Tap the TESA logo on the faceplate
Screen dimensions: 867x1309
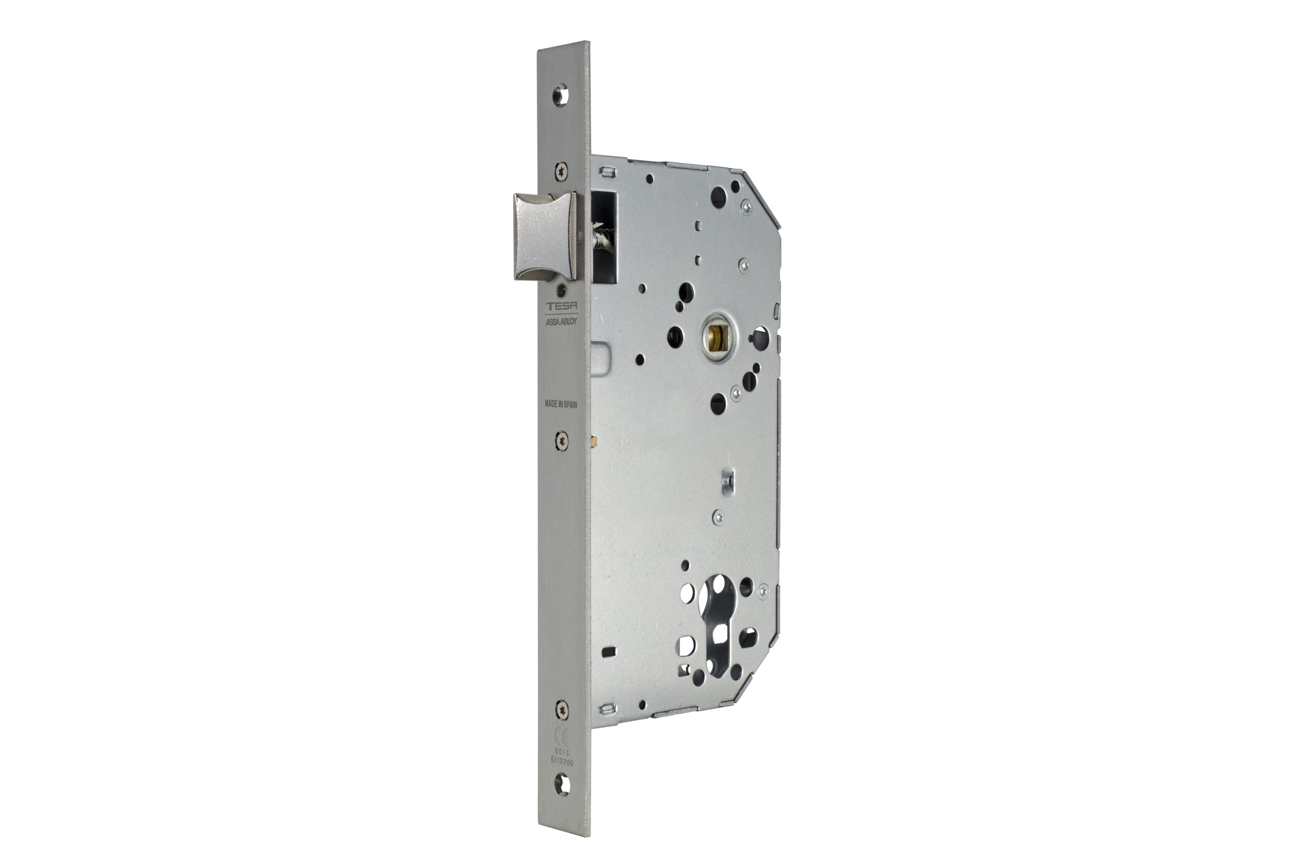tap(560, 306)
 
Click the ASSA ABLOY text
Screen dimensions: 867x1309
tap(561, 321)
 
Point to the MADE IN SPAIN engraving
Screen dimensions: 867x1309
tap(561, 404)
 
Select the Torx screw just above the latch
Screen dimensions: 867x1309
tap(560, 171)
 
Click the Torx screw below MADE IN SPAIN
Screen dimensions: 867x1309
tap(562, 440)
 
